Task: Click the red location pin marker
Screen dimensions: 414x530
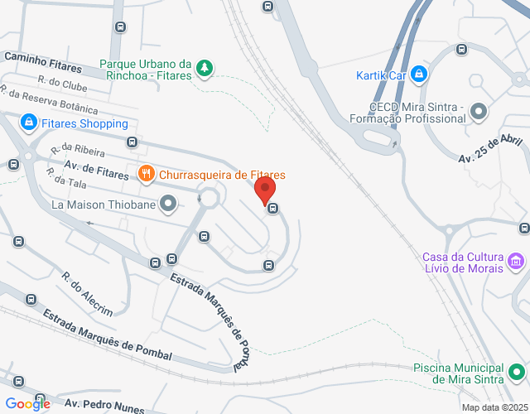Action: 265,190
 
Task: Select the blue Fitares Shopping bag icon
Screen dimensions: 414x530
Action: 29,123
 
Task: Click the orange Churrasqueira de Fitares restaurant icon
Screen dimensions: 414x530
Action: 146,174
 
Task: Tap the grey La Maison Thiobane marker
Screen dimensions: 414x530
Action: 168,203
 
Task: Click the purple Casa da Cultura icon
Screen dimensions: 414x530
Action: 516,262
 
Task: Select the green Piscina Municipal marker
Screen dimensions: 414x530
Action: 516,373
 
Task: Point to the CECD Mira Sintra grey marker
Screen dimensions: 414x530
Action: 478,111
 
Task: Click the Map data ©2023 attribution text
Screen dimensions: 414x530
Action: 494,407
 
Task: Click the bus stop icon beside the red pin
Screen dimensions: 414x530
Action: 272,209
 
